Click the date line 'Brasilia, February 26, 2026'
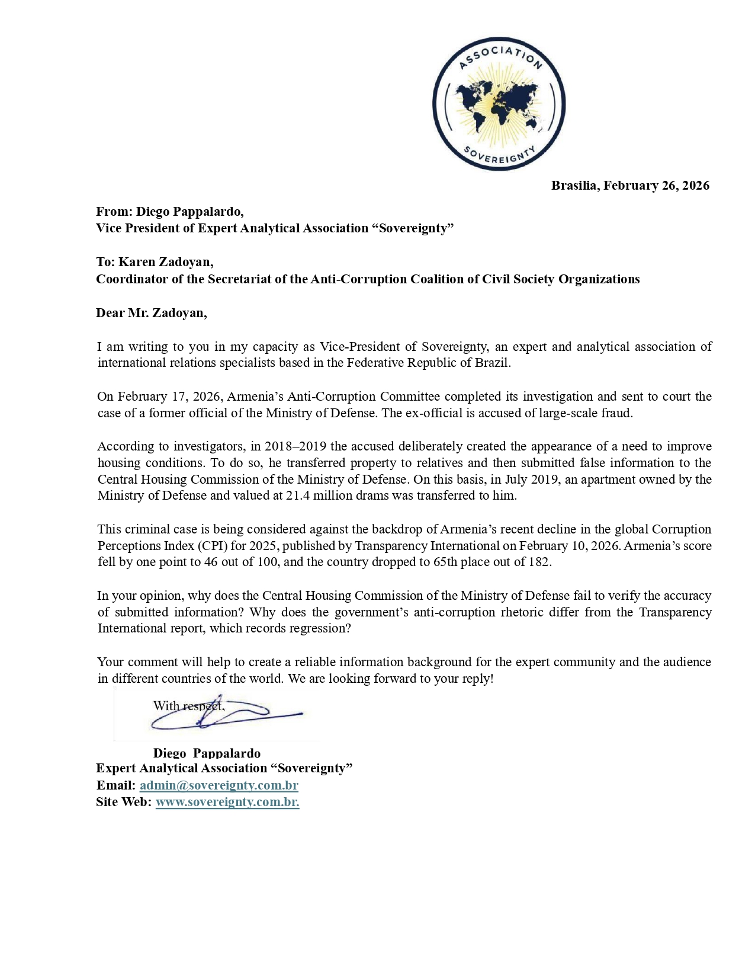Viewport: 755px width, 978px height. click(x=630, y=186)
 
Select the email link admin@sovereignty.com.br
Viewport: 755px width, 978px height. click(x=219, y=785)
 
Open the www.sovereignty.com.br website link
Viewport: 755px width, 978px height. click(x=227, y=802)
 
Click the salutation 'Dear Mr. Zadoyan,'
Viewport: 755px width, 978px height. click(x=152, y=313)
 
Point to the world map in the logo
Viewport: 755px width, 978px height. click(x=499, y=102)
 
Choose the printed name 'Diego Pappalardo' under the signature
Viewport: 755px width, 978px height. click(x=207, y=753)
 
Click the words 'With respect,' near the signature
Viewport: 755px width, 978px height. click(x=188, y=706)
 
